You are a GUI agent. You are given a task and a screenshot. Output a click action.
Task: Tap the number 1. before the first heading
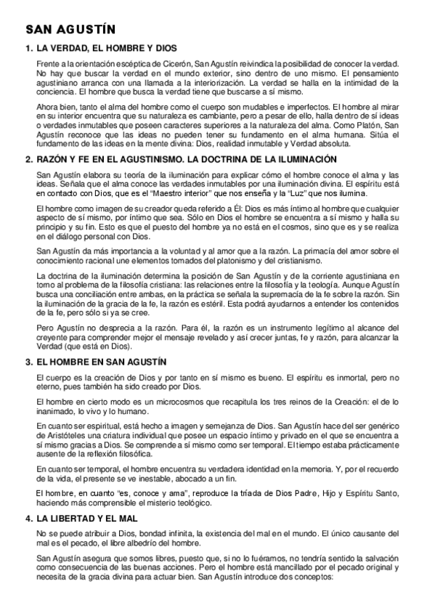pyautogui.click(x=28, y=49)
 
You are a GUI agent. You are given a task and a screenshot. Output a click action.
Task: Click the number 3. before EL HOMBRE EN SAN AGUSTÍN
pyautogui.click(x=28, y=362)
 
